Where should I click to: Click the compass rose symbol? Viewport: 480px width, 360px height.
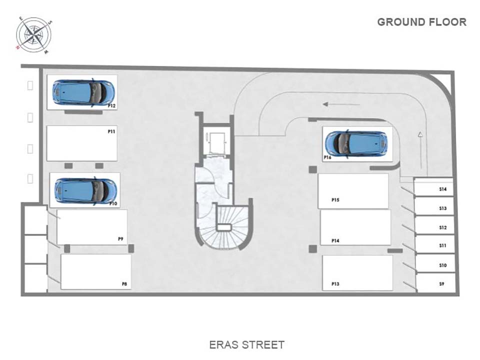coord(33,35)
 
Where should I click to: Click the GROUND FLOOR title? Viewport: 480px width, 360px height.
coord(422,22)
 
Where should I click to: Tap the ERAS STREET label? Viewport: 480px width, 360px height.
coord(246,344)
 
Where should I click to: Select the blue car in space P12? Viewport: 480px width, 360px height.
coord(83,93)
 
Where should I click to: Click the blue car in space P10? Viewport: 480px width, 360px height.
coord(85,190)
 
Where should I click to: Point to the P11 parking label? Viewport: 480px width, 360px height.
coord(111,131)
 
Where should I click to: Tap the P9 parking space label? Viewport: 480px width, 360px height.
coord(120,239)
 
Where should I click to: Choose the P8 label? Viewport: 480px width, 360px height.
coord(124,284)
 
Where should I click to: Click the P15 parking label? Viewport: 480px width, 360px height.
coord(335,200)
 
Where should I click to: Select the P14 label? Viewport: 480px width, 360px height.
coord(335,240)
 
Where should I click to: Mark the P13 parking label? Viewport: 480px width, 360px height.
coord(335,284)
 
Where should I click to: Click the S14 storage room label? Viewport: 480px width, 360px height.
coord(442,189)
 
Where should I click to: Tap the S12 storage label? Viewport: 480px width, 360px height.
coord(442,227)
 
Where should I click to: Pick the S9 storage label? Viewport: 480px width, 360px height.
coord(441,284)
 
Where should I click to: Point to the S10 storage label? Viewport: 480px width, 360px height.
coord(442,265)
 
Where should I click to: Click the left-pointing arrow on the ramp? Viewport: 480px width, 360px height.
coord(341,104)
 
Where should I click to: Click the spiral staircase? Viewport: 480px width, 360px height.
coord(224,227)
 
